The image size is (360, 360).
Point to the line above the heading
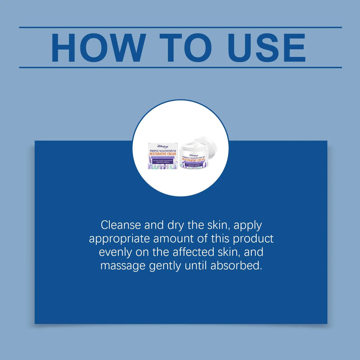point(180,27)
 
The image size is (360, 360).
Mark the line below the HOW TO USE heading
point(180,67)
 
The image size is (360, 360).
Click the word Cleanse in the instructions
point(122,225)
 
